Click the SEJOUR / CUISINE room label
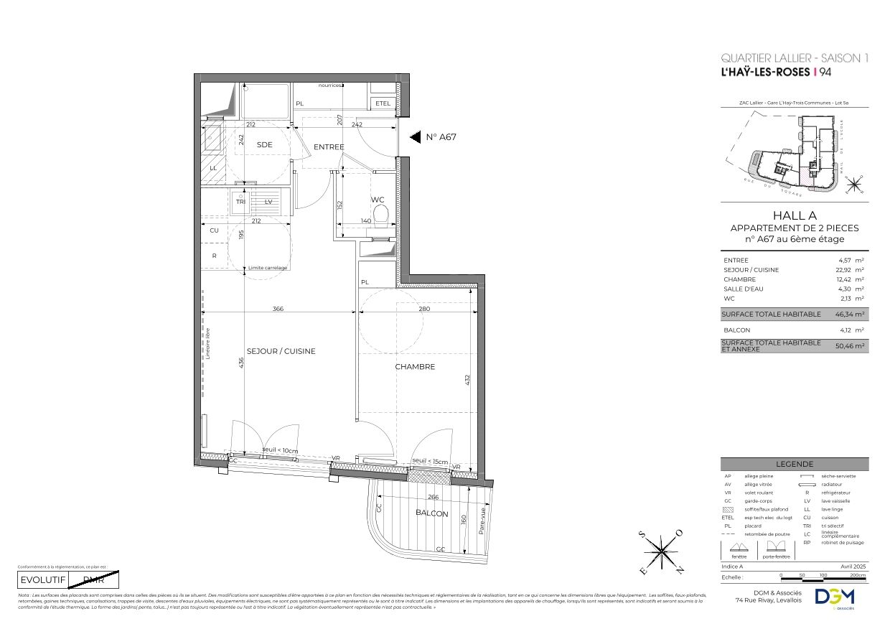pos(281,351)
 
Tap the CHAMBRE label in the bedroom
pos(415,366)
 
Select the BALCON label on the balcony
pos(431,513)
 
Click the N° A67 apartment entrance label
pos(441,137)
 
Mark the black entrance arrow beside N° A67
pos(414,137)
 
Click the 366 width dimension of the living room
pos(278,309)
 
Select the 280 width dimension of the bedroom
pos(424,309)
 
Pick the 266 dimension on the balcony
pos(433,497)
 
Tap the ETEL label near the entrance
pos(383,103)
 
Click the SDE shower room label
pos(265,144)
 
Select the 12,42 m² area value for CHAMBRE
pos(851,279)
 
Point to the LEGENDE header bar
pos(794,464)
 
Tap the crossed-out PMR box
pos(93,579)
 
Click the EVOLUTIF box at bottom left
pos(42,579)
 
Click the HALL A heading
pos(794,215)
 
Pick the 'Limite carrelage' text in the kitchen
pos(268,268)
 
